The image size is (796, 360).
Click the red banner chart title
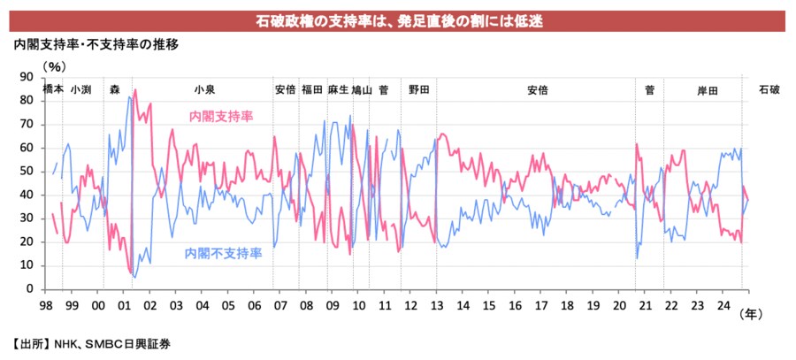pyautogui.click(x=397, y=19)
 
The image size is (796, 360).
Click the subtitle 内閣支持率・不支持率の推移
pyautogui.click(x=96, y=44)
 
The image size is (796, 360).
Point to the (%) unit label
pyautogui.click(x=54, y=65)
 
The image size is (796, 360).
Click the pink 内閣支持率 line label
pyautogui.click(x=220, y=116)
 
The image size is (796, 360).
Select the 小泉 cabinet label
pyautogui.click(x=203, y=89)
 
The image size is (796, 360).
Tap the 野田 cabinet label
pyautogui.click(x=418, y=89)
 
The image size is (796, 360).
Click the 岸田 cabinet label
pyautogui.click(x=707, y=89)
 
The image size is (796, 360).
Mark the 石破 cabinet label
pyautogui.click(x=769, y=89)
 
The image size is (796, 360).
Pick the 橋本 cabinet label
pyautogui.click(x=53, y=89)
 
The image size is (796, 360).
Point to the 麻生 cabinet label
pyautogui.click(x=338, y=89)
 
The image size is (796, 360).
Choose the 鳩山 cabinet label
pyautogui.click(x=361, y=89)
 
